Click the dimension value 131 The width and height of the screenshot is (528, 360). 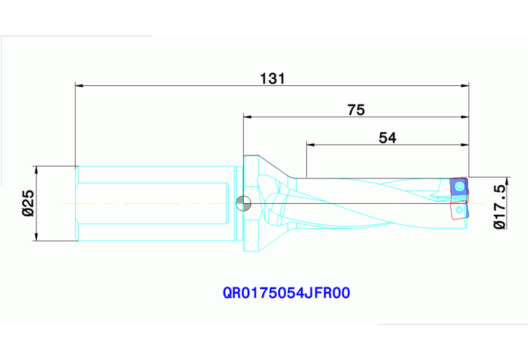coord(272,78)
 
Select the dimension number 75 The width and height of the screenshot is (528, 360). coord(355,109)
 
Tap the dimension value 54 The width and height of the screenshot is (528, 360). coord(388,138)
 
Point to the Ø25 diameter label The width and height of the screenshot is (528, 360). coord(27,204)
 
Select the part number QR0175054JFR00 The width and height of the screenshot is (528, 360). coord(286,293)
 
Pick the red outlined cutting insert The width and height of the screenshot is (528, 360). coord(458,209)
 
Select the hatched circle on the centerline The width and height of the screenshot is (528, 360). coord(243,203)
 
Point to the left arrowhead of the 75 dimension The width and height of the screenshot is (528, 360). coord(247,117)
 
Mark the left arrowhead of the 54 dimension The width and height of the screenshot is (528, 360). coord(310,145)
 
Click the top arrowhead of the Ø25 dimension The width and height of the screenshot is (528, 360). coord(36,170)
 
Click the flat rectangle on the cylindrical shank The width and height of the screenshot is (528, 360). coord(151,203)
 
